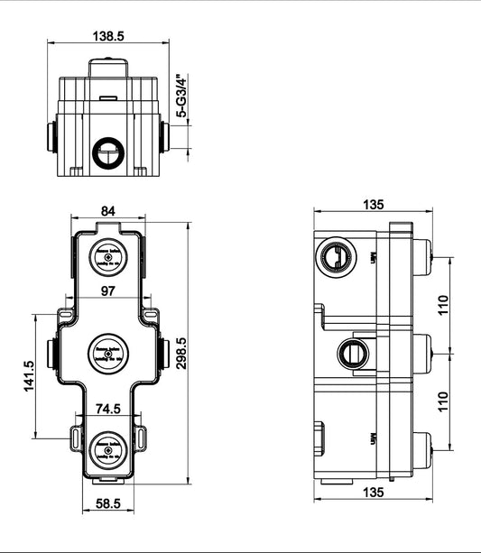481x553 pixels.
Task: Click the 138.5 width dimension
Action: [107, 36]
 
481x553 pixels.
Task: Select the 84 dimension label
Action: [108, 210]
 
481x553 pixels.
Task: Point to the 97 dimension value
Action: [108, 290]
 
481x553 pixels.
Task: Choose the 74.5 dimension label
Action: [109, 408]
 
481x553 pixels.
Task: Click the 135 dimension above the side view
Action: [372, 204]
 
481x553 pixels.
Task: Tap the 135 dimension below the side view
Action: [372, 493]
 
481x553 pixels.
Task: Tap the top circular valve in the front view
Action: [108, 258]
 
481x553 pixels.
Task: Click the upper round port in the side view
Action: [336, 259]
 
